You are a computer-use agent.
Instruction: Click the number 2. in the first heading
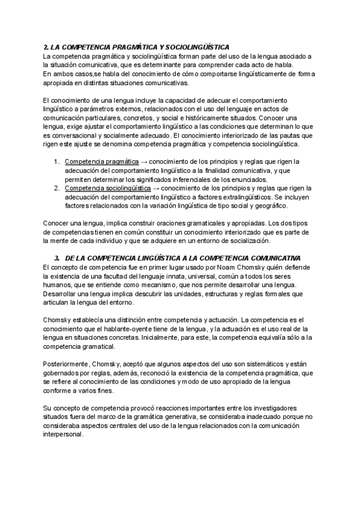[47, 47]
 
